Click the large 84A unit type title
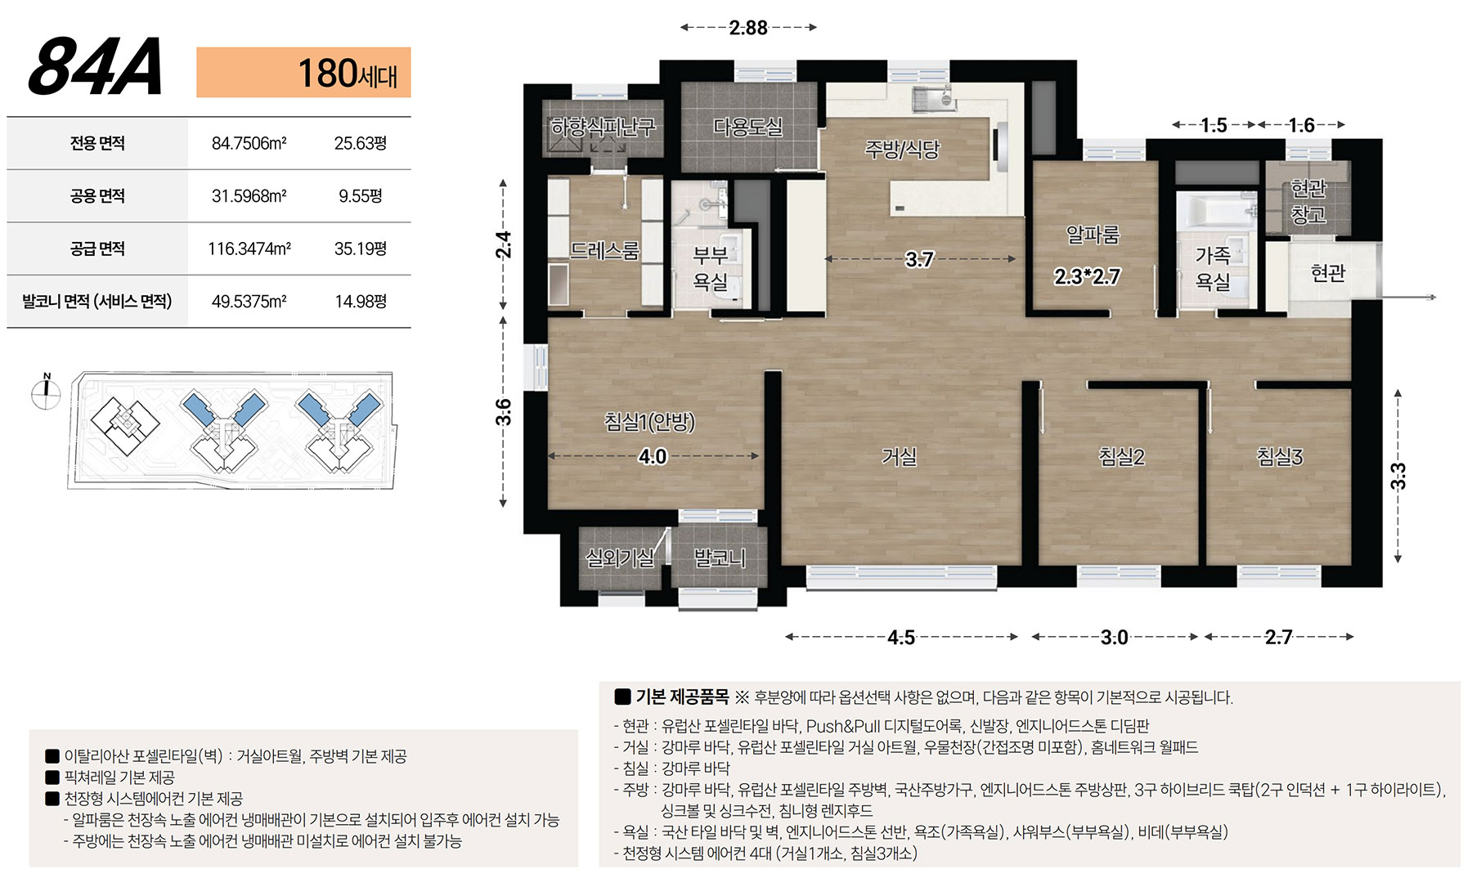[x=96, y=67]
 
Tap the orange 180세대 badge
[x=303, y=73]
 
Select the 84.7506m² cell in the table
[x=249, y=143]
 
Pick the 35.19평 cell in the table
[x=360, y=249]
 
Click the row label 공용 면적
[x=97, y=196]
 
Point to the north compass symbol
[x=46, y=392]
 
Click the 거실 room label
[x=899, y=457]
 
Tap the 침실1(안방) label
[x=649, y=422]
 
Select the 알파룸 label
[x=1093, y=235]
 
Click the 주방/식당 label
[x=903, y=149]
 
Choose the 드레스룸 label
[x=604, y=250]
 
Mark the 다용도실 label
[x=748, y=127]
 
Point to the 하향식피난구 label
[x=603, y=127]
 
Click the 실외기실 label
[x=620, y=558]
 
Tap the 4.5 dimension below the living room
[x=901, y=637]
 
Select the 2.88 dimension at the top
[x=748, y=28]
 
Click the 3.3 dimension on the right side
[x=1398, y=476]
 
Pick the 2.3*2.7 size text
[x=1087, y=276]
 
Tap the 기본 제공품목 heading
[x=682, y=697]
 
